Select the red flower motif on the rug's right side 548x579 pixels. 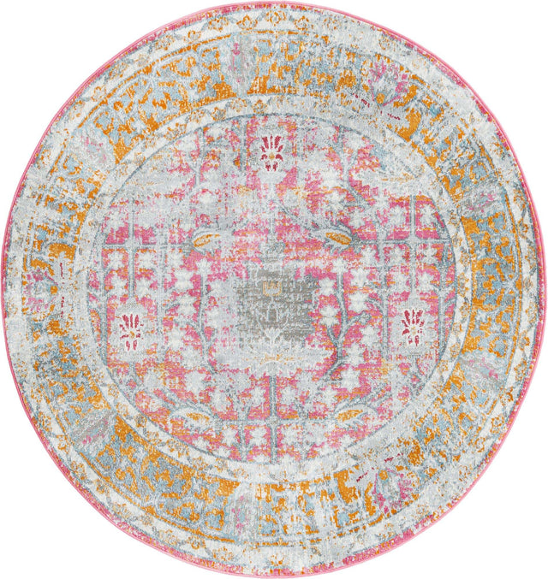pyautogui.click(x=414, y=325)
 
